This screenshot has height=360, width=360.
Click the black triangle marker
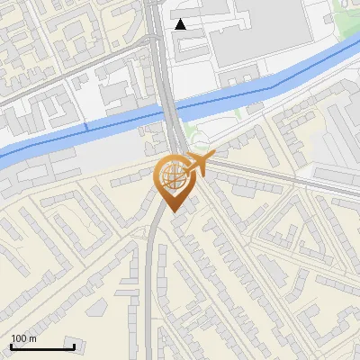click(181, 24)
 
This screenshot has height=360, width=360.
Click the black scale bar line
click(42, 347)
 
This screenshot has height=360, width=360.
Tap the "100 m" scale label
click(23, 338)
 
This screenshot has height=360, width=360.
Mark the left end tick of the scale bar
click(11, 346)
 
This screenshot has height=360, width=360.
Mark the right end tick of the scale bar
click(74, 346)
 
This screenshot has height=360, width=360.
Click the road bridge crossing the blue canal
click(171, 108)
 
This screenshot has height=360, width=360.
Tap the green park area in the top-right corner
click(346, 11)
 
